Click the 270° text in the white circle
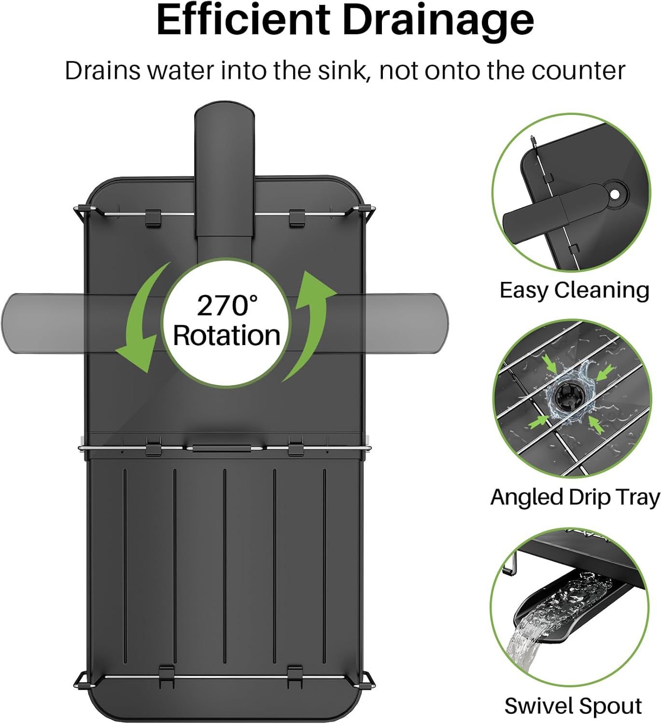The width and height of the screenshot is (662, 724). [x=227, y=306]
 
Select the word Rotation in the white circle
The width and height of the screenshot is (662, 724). [x=227, y=335]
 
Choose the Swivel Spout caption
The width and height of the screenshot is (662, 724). [x=573, y=706]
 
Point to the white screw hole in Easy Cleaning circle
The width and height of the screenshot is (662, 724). [x=615, y=195]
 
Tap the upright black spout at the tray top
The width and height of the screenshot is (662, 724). [x=225, y=181]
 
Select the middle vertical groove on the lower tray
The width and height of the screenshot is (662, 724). [x=225, y=566]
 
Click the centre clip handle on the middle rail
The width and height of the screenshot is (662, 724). [x=221, y=448]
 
